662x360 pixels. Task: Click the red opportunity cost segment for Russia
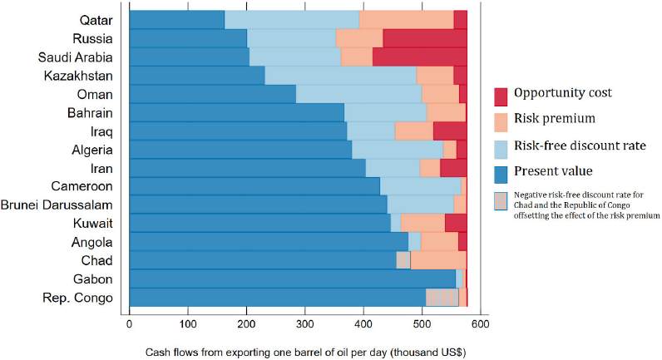pos(425,38)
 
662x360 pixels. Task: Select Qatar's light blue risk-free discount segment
pos(292,20)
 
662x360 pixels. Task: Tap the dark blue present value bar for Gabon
pos(293,279)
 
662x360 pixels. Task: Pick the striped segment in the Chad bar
pos(403,260)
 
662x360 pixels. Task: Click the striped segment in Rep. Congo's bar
pos(442,297)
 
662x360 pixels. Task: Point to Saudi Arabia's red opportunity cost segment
pos(420,57)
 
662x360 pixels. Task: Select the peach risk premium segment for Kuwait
pos(422,223)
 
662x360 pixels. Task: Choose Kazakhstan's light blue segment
pos(341,76)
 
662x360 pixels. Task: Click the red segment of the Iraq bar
pos(450,131)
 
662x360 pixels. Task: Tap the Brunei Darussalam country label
pos(57,205)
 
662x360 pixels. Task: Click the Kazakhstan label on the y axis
pos(78,76)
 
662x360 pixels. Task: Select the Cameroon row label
pos(82,186)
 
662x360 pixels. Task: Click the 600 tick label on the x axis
pos(481,324)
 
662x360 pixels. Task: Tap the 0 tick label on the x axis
pos(129,324)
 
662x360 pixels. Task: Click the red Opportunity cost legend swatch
pos(501,96)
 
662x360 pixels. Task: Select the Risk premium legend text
pos(555,119)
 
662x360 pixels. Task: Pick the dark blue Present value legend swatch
pos(501,175)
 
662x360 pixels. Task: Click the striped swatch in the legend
pos(501,201)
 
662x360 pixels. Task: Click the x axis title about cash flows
pos(306,353)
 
